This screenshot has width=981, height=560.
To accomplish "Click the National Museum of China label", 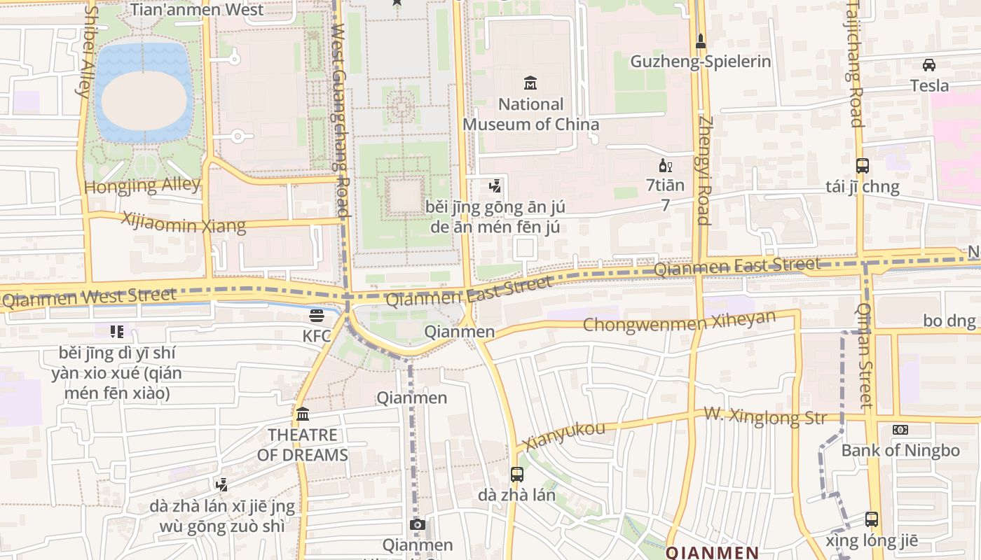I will click(530, 115).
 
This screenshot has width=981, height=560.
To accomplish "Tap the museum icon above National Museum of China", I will click(530, 83).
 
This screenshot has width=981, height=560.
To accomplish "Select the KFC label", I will click(317, 336).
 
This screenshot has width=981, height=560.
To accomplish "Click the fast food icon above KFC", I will click(317, 315).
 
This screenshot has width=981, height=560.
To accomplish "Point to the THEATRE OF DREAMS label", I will click(303, 445).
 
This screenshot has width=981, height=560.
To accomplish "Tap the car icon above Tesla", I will click(929, 65).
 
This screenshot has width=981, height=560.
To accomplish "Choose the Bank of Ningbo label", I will click(900, 450).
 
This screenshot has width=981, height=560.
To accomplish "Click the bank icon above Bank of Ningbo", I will click(900, 430).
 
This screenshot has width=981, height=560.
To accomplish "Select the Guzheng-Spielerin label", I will click(701, 62).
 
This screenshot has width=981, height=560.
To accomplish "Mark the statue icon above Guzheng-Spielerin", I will click(701, 41).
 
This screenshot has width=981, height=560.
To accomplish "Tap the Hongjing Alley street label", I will click(142, 185).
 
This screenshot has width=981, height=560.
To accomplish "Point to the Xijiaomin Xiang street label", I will click(184, 222).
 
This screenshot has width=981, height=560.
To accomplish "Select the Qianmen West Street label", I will click(89, 297).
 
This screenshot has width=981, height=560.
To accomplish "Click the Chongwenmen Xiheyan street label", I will click(680, 321).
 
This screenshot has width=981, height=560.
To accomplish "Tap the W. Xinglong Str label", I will click(765, 416).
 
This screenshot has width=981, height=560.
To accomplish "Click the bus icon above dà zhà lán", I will click(517, 475).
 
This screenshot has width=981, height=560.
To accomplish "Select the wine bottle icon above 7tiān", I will click(665, 166).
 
